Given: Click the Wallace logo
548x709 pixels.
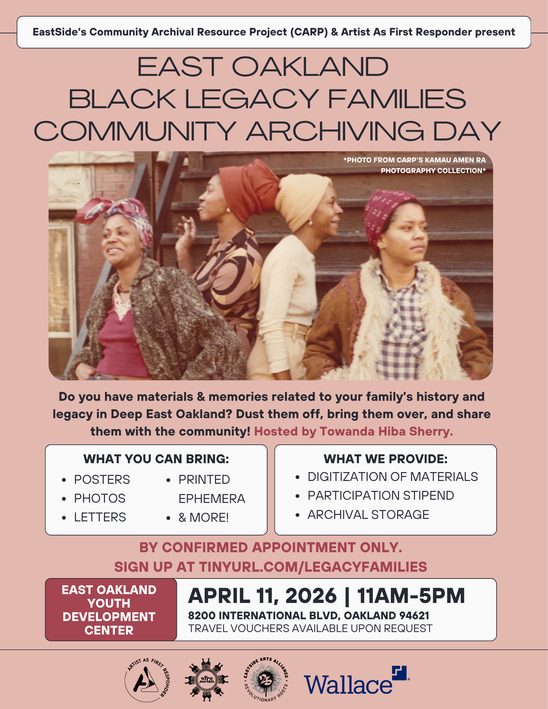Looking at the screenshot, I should click(356, 681).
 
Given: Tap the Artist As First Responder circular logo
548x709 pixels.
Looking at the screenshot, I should click(147, 680).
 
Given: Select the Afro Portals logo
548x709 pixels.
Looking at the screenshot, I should click(206, 680).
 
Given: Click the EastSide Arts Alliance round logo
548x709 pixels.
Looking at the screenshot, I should click(266, 680).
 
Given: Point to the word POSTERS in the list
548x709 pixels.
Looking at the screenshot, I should click(102, 480).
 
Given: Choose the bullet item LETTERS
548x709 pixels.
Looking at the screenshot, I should click(100, 517).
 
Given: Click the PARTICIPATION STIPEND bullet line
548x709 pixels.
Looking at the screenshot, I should click(381, 495).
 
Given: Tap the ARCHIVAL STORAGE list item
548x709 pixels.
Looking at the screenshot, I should click(368, 515).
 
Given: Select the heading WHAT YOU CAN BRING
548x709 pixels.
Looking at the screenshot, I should click(156, 459).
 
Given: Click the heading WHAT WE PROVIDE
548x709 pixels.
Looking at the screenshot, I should click(386, 459).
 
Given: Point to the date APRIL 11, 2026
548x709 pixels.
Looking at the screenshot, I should click(262, 596).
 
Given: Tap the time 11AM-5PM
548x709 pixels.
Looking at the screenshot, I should click(411, 596).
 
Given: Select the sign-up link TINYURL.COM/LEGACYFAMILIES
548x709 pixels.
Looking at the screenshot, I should click(313, 567).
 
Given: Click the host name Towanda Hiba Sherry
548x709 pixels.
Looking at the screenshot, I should click(386, 431).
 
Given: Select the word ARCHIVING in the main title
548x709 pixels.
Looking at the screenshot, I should click(335, 131).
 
